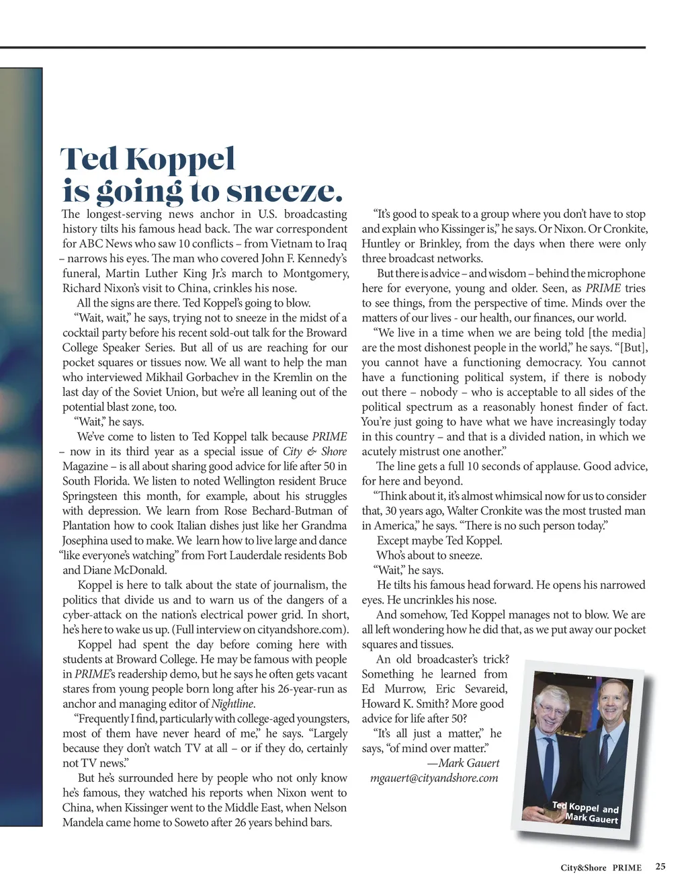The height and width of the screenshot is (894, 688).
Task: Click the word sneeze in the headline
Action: pyautogui.click(x=284, y=192)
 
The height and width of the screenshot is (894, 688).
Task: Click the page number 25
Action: pyautogui.click(x=660, y=866)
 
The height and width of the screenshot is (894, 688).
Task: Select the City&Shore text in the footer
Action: pyautogui.click(x=583, y=868)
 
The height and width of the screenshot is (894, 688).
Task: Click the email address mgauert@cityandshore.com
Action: pyautogui.click(x=434, y=778)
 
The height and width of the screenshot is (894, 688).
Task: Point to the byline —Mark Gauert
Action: pyautogui.click(x=463, y=763)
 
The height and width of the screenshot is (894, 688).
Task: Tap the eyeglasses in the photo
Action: pyautogui.click(x=552, y=710)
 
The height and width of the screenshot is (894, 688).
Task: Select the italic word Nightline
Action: pyautogui.click(x=232, y=704)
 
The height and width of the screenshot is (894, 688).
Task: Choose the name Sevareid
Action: pyautogui.click(x=485, y=689)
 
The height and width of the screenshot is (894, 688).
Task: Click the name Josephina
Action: pyautogui.click(x=87, y=540)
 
